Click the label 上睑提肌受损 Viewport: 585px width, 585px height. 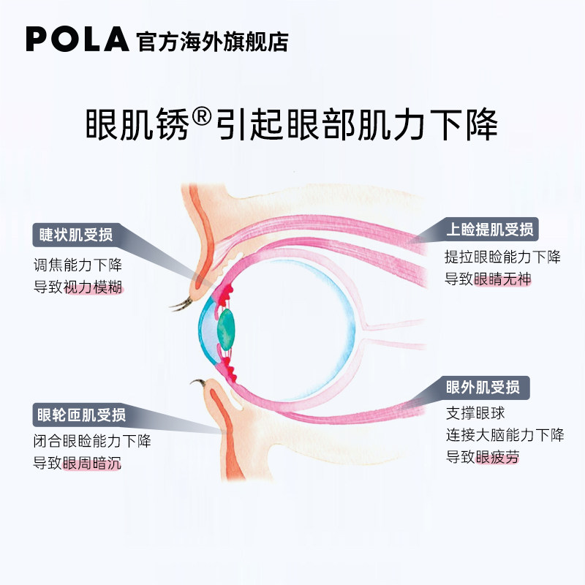coord(491,229)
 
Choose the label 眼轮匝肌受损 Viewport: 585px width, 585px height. coord(81,415)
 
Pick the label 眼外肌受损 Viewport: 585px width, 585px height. coord(483,387)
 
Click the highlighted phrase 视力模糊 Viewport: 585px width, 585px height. coord(94,287)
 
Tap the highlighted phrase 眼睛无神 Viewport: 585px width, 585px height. coord(502,279)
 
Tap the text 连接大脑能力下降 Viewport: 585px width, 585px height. coord(505,435)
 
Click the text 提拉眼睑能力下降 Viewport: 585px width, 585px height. coord(502,257)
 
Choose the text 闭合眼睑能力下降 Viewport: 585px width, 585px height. coord(92,441)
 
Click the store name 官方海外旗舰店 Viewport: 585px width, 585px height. coord(212,41)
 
